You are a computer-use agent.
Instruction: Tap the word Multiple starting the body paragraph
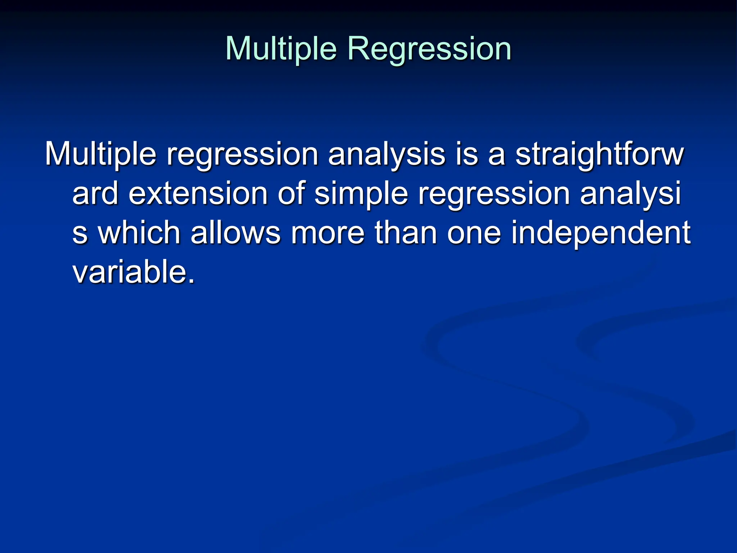pos(100,154)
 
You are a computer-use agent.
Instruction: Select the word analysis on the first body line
pos(386,154)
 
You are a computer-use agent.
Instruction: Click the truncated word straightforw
pos(599,154)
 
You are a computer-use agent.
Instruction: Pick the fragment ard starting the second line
pos(95,193)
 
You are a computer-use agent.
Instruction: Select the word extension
pos(198,193)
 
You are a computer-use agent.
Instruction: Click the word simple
pos(361,193)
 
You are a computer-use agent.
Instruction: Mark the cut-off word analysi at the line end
pos(630,193)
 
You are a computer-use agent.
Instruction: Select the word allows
pos(235,233)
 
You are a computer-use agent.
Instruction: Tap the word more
pos(327,233)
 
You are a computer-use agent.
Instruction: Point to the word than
pos(406,233)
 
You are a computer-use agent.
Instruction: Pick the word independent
pos(600,233)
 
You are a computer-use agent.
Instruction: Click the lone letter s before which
pos(80,233)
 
